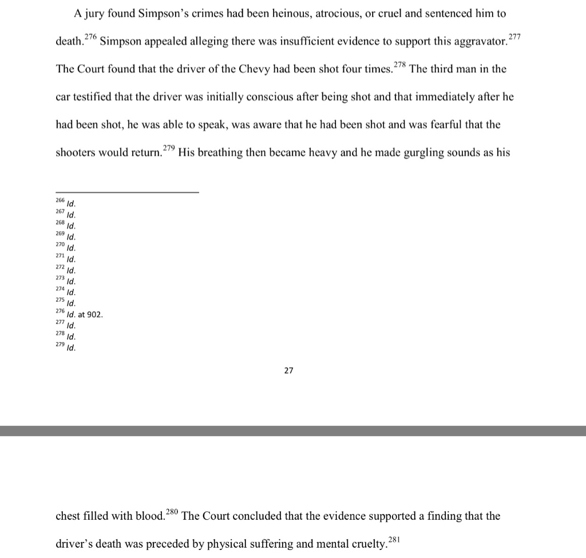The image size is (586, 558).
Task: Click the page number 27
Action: coord(288,371)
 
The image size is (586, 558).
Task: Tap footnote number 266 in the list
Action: coord(60,201)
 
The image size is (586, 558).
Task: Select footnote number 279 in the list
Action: coord(60,346)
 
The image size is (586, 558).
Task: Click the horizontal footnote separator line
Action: coord(127,192)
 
